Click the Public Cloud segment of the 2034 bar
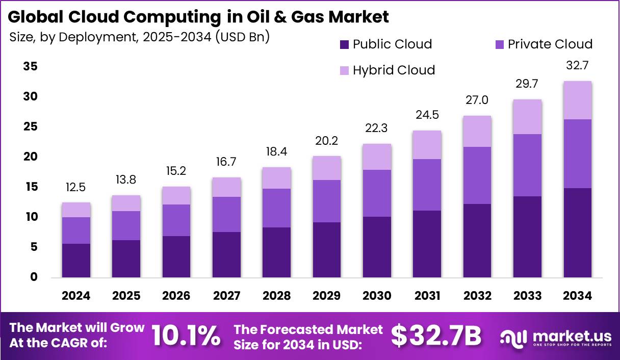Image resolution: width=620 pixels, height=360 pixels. click(577, 233)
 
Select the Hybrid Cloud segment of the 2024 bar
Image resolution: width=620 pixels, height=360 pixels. click(76, 210)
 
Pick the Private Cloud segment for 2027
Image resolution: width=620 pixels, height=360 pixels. click(227, 215)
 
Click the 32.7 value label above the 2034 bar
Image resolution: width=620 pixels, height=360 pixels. click(577, 66)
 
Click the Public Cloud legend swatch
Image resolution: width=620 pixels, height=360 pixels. click(345, 44)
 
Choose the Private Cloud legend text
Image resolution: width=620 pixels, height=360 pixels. click(550, 44)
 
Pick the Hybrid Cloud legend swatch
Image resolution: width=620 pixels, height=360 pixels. click(345, 70)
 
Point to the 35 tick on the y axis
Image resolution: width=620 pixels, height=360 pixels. click(30, 67)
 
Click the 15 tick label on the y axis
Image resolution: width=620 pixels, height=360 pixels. click(30, 187)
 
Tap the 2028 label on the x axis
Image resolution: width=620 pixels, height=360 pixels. click(277, 296)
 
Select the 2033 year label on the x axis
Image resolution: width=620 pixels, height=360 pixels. click(527, 296)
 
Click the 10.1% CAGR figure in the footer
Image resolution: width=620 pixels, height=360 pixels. click(186, 336)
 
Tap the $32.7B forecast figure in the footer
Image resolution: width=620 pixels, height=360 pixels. click(436, 336)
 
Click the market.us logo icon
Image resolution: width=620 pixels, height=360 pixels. click(513, 337)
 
